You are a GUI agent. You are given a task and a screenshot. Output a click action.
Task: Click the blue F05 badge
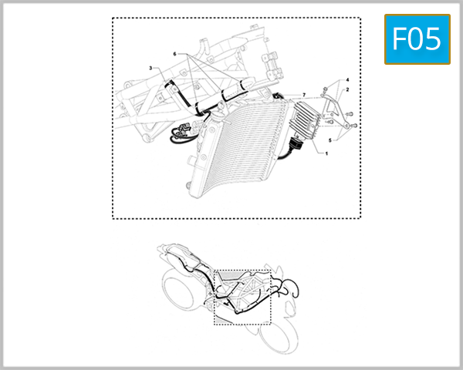417,39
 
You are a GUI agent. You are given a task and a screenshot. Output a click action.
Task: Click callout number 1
326,154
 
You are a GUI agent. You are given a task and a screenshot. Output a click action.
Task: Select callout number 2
348,90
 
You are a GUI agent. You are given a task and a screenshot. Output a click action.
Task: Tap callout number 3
151,68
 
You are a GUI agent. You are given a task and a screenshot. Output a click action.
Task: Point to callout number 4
348,80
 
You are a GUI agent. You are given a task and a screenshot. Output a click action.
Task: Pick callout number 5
330,140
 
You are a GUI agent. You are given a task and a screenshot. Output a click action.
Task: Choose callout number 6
175,55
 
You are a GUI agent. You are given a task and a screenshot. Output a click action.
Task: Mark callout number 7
304,94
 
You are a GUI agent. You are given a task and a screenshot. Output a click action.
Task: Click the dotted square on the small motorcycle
243,297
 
